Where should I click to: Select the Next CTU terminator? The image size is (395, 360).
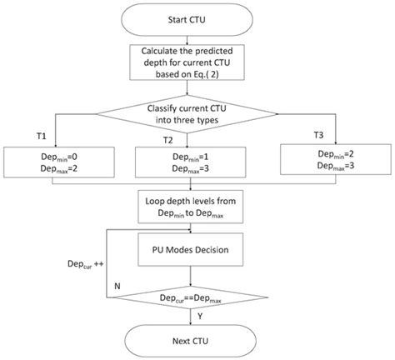tap(197, 339)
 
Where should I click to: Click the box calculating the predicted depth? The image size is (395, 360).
tap(197, 61)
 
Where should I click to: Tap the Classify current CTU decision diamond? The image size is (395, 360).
tap(197, 110)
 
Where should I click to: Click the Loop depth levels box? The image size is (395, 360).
tap(197, 205)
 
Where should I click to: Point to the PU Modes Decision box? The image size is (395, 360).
tap(197, 248)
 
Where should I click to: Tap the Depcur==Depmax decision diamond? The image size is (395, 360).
tap(197, 297)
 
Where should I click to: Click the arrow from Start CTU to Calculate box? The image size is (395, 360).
tap(197, 37)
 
